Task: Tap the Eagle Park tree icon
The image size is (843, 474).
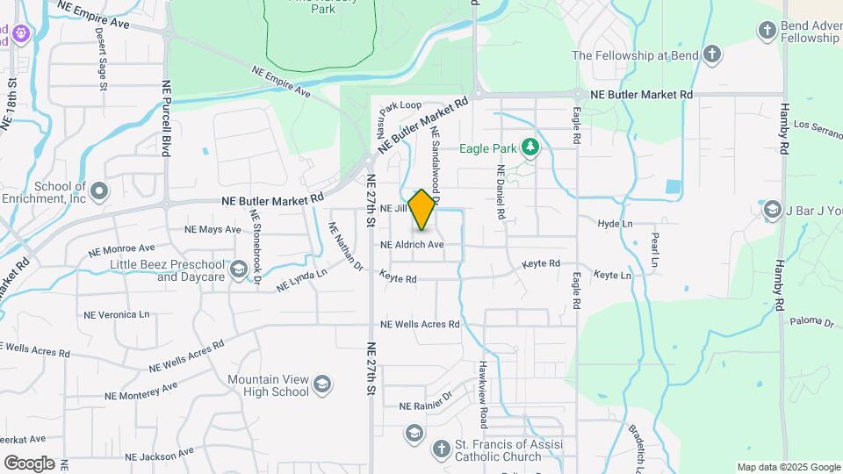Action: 530,147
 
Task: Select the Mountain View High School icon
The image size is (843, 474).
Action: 322,384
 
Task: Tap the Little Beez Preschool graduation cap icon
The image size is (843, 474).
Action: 239,269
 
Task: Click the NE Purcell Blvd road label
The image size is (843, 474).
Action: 165,118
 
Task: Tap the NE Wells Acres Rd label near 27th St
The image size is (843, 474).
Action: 420,324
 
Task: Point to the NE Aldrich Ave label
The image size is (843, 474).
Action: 412,245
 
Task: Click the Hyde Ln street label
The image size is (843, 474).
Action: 615,224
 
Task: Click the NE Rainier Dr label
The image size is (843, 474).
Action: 425,406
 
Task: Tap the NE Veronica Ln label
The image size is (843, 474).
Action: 116,314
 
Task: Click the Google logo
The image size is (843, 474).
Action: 29,463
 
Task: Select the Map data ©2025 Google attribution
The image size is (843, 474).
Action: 789,467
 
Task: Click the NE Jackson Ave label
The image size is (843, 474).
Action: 159,455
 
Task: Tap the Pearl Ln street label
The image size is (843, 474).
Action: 654,250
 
